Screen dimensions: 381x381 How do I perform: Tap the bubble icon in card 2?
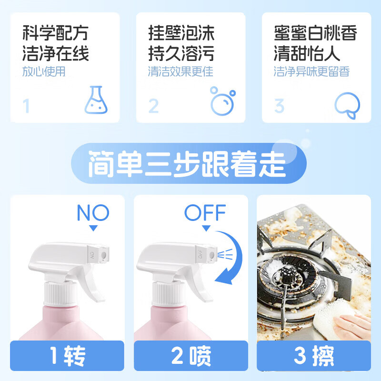coord(222,101)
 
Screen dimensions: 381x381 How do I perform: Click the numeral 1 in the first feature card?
coord(26,106)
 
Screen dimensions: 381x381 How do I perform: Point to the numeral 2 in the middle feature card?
coord(153,106)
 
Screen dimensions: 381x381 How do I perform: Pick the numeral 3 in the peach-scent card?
coord(279,106)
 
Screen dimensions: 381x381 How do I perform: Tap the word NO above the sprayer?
coord(93,212)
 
